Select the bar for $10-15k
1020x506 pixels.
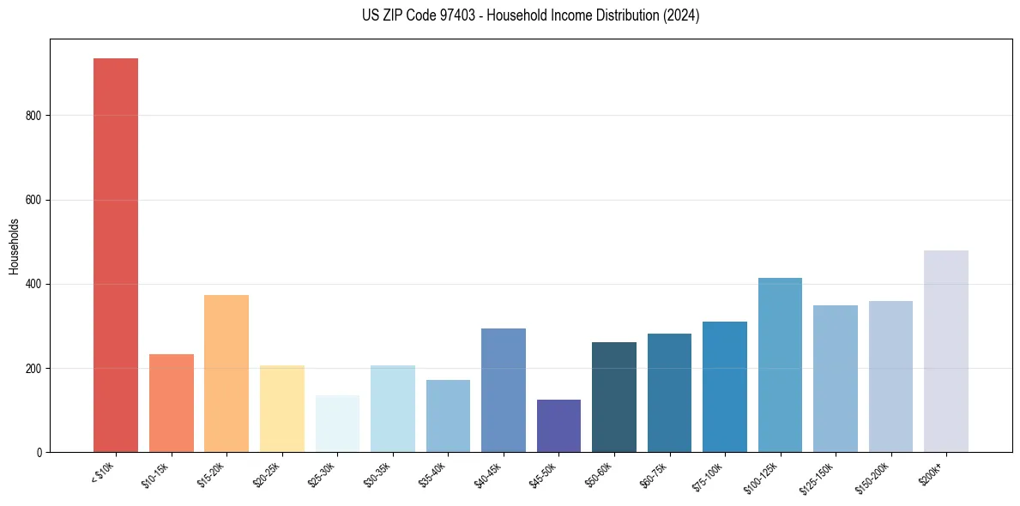click(x=171, y=403)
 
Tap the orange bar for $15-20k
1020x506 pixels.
click(x=226, y=373)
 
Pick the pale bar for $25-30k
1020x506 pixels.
click(x=337, y=424)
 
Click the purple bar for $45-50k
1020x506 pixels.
click(x=558, y=425)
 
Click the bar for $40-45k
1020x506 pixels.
click(x=503, y=390)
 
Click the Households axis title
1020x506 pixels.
click(x=14, y=246)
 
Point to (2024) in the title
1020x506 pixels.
click(x=682, y=15)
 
